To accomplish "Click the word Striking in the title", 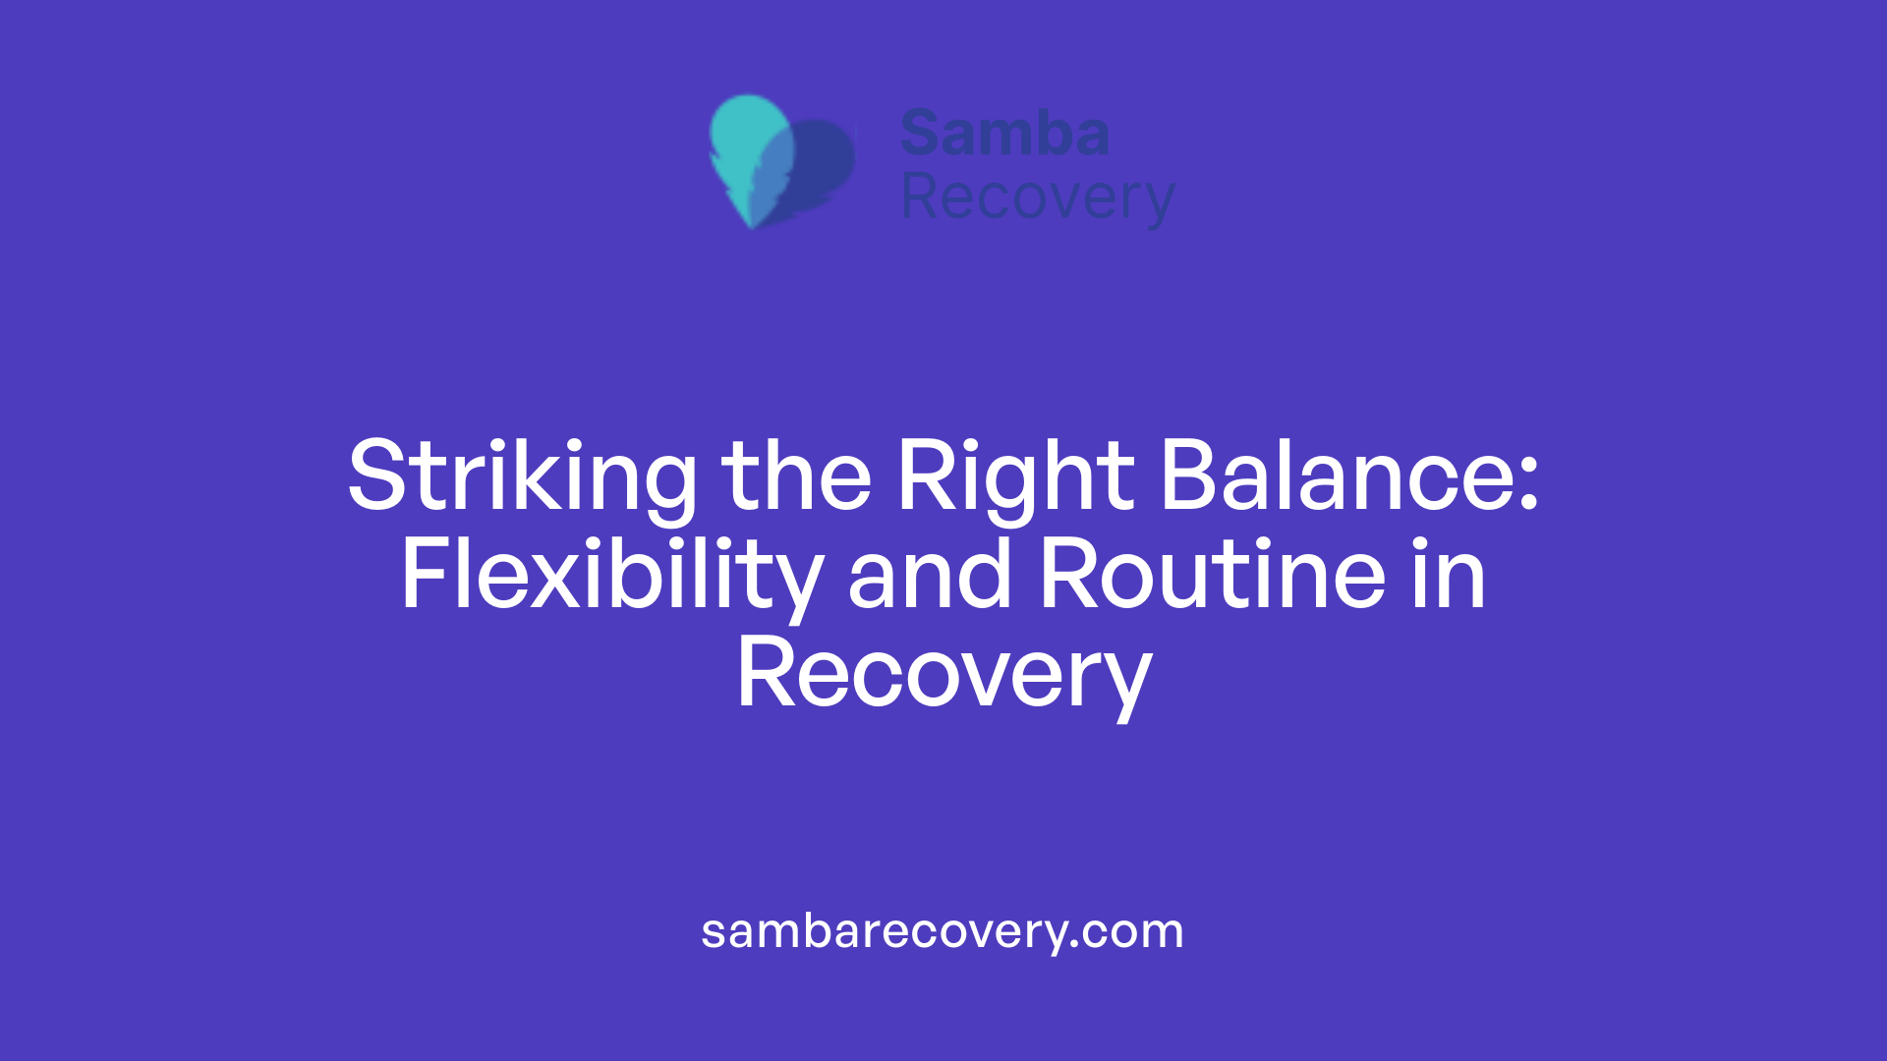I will pyautogui.click(x=522, y=477).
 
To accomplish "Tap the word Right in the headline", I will pyautogui.click(x=1015, y=477).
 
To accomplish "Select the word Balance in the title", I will pyautogui.click(x=1337, y=477).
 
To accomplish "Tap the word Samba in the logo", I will pyautogui.click(x=1004, y=134).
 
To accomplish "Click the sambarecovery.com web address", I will pyautogui.click(x=943, y=931).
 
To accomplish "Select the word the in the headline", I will pyautogui.click(x=796, y=477).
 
